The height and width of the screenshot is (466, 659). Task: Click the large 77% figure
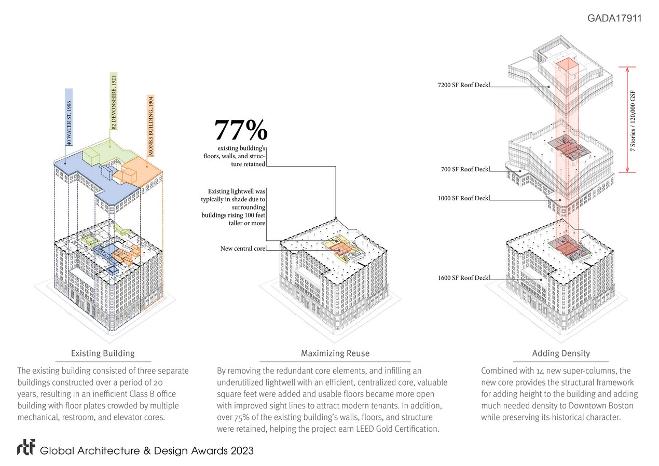241,130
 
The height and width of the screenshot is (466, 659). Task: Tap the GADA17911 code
614,18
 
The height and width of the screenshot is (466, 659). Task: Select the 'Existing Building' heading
103,353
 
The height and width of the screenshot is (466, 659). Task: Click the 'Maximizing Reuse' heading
335,353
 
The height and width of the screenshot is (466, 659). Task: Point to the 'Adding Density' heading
561,353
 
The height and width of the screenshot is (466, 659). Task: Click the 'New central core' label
243,249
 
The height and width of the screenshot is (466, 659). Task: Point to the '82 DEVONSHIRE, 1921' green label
114,102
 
